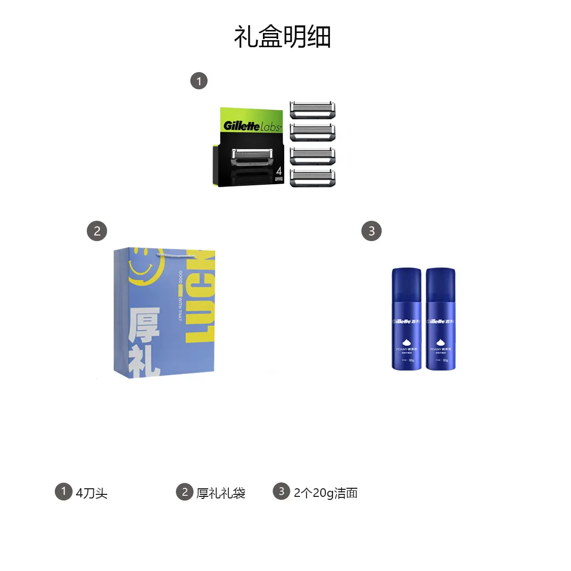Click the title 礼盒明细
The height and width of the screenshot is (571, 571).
(x=282, y=37)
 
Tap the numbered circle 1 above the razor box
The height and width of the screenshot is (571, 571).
(x=199, y=81)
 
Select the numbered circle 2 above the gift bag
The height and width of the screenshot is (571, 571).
(x=97, y=231)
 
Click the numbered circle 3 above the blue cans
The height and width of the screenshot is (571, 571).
(x=371, y=231)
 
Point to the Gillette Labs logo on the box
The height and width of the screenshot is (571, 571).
(x=252, y=125)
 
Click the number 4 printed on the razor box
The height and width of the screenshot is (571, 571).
(x=279, y=171)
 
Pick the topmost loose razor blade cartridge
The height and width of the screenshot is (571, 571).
(x=312, y=110)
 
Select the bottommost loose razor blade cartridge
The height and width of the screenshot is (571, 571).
(x=312, y=178)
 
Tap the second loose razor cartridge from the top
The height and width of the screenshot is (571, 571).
(x=312, y=132)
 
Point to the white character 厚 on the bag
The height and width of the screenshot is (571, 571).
(x=144, y=325)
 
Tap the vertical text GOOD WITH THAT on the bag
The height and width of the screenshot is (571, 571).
(x=180, y=296)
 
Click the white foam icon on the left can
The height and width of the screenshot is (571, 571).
(x=406, y=343)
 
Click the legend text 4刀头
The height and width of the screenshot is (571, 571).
(x=91, y=493)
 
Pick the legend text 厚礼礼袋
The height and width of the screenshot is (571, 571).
(x=221, y=493)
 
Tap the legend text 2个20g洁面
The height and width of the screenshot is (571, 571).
(x=325, y=493)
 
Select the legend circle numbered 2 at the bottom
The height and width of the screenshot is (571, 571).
(x=184, y=492)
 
